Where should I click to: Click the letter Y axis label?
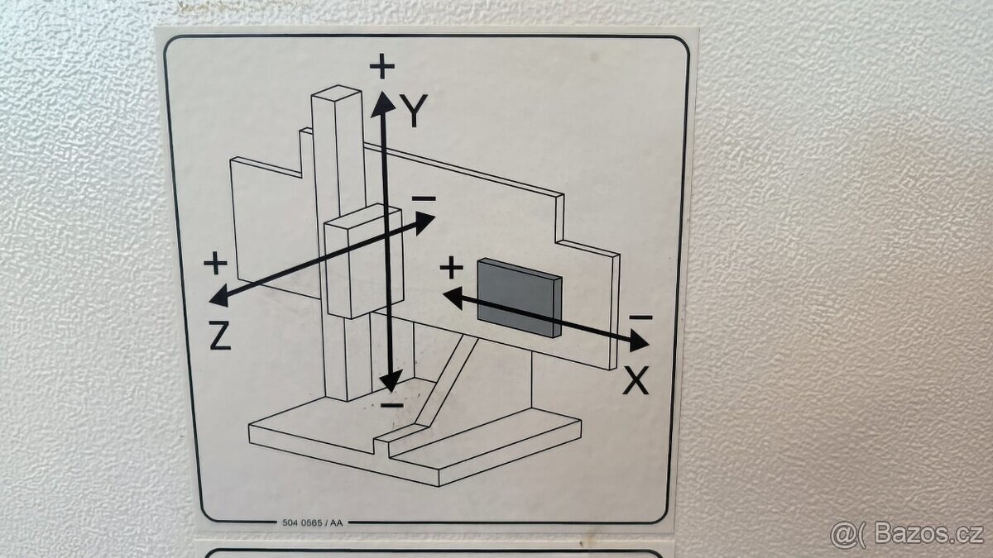414,110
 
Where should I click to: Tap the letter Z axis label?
219,336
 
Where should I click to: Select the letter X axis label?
636,380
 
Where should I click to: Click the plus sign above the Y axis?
381,66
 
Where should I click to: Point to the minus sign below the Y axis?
392,405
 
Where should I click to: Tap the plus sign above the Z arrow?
215,264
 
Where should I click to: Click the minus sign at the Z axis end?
424,198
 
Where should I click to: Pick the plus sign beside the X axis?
451,267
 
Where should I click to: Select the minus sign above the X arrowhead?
640,317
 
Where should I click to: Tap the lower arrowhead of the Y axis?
390,381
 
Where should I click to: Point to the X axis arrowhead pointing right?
639,340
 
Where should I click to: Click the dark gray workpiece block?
519,297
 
